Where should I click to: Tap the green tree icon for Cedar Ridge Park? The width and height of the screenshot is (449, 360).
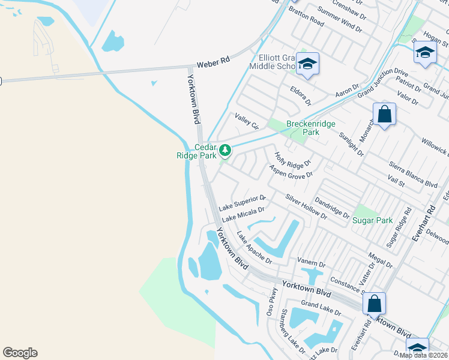[x=224, y=149]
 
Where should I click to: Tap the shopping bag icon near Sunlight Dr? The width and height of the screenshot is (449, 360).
[x=384, y=113]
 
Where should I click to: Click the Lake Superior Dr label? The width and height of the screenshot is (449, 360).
[x=242, y=202]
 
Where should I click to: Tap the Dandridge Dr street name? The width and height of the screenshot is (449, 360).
[x=332, y=208]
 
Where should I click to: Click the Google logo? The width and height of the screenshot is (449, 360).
[x=20, y=353]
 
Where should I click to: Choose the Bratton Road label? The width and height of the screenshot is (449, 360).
[x=306, y=17]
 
